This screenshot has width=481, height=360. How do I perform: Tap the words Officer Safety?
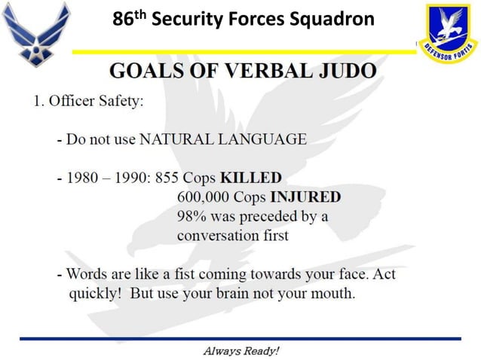pyautogui.click(x=97, y=102)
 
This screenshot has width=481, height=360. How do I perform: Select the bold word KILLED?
pyautogui.click(x=250, y=178)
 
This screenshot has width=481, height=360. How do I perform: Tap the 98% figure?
pyautogui.click(x=193, y=217)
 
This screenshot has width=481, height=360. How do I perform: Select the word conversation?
pyautogui.click(x=219, y=236)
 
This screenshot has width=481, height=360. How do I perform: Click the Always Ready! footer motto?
pyautogui.click(x=241, y=351)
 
